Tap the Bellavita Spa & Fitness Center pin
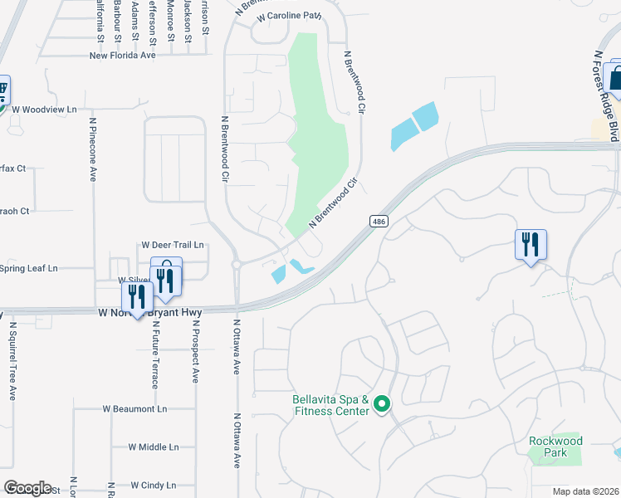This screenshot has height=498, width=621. point(382,405)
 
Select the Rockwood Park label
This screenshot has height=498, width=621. point(555,447)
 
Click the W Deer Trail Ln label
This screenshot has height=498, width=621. point(173,245)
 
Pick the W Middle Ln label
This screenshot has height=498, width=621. point(154,447)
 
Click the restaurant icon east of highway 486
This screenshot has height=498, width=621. point(531,245)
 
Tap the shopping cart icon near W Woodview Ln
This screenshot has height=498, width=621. point(2,89)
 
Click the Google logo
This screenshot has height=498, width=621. point(27,488)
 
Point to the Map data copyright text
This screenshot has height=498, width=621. point(584,491)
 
